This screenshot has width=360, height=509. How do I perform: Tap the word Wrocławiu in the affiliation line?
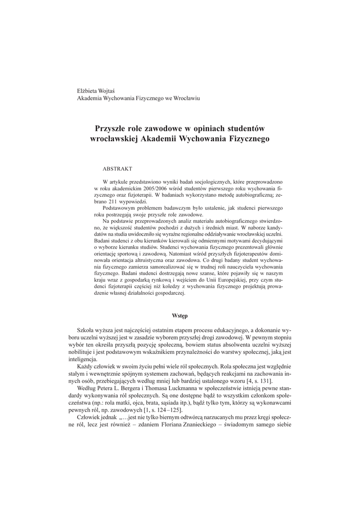coord(185,98)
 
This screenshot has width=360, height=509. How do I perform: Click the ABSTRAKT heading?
coord(117,169)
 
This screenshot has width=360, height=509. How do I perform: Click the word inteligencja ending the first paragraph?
coord(83,360)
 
